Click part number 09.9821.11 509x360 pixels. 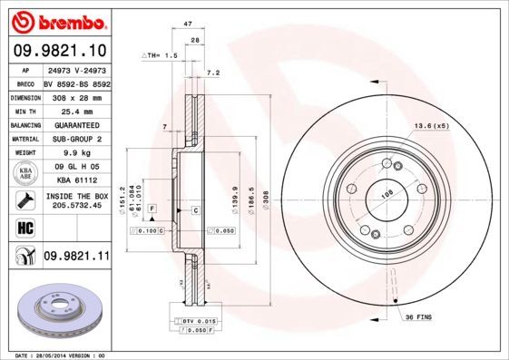coord(77,257)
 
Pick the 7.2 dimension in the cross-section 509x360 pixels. coord(213,72)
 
